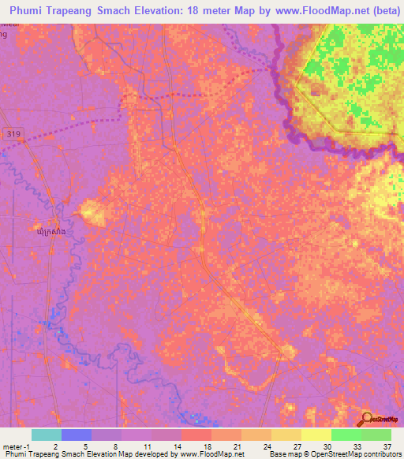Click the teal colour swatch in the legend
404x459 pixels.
point(46,435)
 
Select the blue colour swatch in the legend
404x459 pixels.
point(76,435)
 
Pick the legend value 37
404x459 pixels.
point(387,446)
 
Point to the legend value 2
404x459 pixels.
point(55,446)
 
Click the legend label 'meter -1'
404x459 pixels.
point(16,446)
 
